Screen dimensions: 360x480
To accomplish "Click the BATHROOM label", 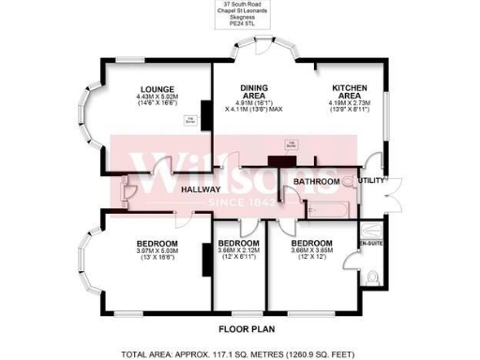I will click(x=314, y=180).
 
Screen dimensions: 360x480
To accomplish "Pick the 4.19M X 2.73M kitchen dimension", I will click(x=347, y=102).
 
